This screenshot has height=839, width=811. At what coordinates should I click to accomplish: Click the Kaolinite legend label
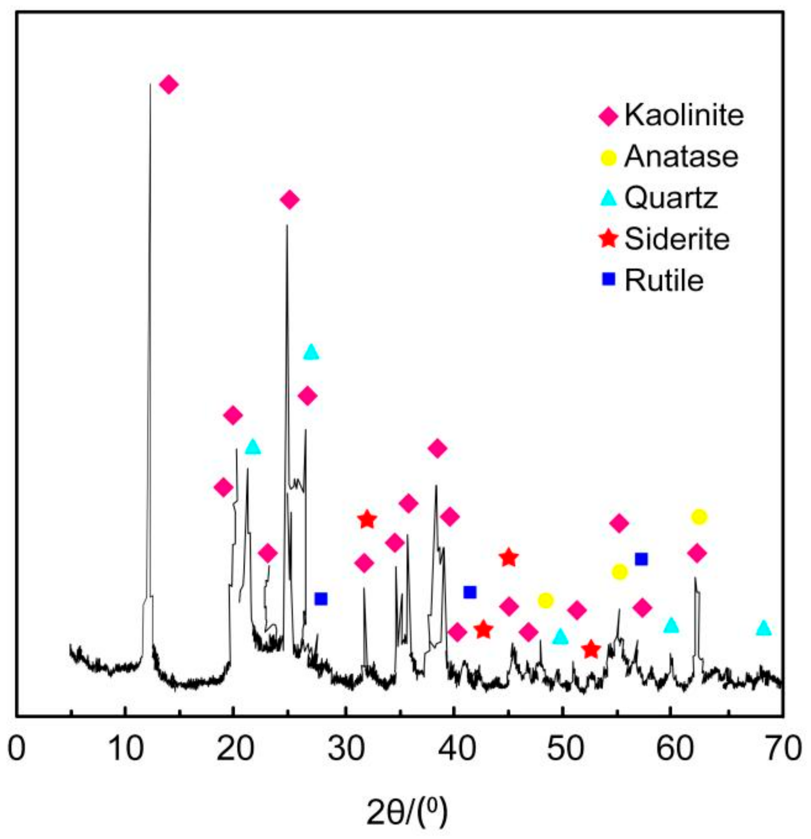tap(684, 115)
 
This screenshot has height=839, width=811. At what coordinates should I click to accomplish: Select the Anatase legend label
tap(681, 156)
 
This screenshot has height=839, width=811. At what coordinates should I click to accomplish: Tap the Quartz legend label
tap(671, 197)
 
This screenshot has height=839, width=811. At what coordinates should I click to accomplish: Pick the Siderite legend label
tap(677, 239)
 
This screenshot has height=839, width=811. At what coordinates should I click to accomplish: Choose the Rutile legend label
tap(664, 280)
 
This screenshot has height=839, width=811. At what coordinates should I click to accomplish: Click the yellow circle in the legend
tap(609, 157)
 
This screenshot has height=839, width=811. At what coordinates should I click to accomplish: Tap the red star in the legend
tap(609, 239)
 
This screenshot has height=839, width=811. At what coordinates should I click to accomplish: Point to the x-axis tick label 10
tap(125, 749)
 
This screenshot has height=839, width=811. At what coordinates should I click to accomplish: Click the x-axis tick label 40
tap(453, 749)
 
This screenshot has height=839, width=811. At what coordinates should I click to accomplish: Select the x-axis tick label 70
tap(783, 749)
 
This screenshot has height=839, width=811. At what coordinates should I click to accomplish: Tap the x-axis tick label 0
tap(17, 749)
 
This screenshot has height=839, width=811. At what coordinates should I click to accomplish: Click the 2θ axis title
tap(407, 812)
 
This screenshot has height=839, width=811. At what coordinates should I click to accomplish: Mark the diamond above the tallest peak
tap(168, 85)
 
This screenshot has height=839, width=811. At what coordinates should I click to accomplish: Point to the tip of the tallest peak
tap(150, 85)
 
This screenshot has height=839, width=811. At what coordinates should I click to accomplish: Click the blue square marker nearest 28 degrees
tap(321, 599)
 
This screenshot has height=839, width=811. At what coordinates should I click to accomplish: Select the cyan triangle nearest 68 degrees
tap(764, 628)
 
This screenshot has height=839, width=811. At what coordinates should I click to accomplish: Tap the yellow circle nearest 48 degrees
tap(545, 600)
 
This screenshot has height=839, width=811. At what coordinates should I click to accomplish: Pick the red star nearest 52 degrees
tap(591, 650)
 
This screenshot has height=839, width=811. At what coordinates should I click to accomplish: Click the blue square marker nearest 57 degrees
tap(641, 559)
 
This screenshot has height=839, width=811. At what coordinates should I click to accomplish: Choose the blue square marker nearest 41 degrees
tap(470, 592)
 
